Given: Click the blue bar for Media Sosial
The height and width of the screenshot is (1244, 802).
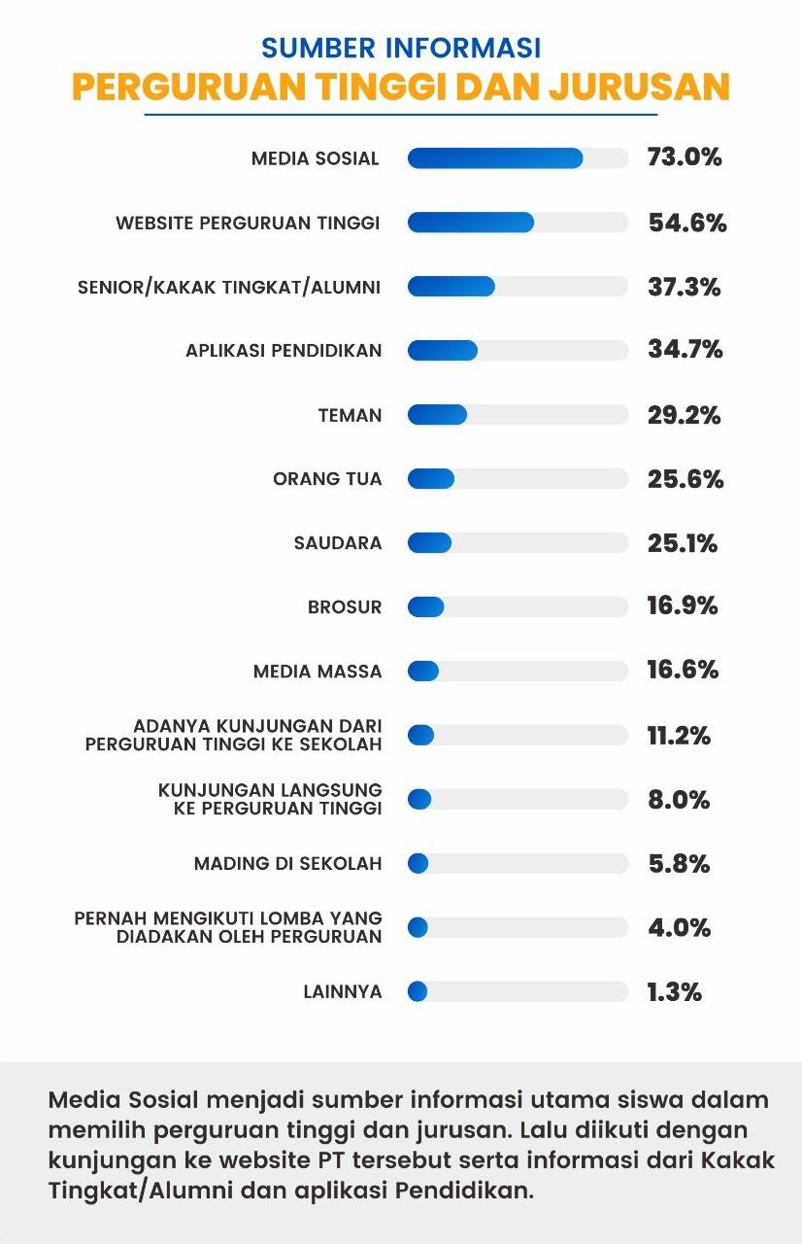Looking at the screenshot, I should point(495,158).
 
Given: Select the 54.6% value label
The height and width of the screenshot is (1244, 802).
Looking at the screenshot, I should point(687,223).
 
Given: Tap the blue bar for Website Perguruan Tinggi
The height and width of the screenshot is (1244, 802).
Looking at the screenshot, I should point(471,223).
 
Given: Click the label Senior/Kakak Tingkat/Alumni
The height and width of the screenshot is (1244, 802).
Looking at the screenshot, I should point(229,287).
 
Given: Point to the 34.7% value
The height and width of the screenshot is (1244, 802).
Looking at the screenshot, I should point(685,350).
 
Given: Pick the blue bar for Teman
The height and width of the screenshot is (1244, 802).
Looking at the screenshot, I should point(437,415).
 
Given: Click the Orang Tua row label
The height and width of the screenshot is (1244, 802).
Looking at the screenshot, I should point(327,479).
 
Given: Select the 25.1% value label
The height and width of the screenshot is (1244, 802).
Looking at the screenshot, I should point(683,543).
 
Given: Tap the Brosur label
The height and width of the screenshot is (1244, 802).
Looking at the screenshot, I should point(345,607).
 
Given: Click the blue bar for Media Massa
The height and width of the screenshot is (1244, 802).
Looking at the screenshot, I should point(423,672).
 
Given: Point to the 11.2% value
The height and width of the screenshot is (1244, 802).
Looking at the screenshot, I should point(679,736).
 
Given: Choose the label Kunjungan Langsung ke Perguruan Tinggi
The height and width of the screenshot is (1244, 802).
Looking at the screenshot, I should point(270,799).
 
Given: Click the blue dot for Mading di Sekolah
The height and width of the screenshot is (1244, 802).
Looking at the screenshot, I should point(418,863).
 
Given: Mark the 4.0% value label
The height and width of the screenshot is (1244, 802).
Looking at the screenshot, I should point(680,927).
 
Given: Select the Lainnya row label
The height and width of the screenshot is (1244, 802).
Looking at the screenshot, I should point(343,992).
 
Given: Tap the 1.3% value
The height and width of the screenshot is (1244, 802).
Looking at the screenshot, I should point(674,992).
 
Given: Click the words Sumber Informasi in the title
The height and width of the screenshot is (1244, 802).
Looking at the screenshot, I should point(401,48).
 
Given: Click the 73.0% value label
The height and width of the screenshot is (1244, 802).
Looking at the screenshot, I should point(685,157).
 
